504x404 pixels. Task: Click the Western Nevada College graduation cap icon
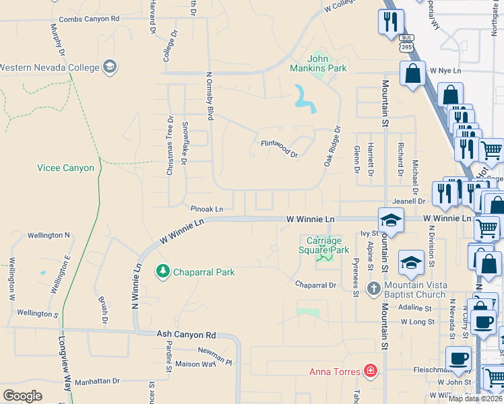click(109, 67)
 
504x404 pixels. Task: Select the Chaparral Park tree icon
click(162, 271)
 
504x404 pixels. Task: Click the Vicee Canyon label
click(65, 168)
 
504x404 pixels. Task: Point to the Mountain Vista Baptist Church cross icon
click(374, 289)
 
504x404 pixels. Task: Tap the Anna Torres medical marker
click(369, 370)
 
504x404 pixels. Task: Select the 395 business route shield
click(406, 44)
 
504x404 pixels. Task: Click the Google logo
click(22, 396)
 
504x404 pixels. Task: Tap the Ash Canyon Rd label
click(186, 334)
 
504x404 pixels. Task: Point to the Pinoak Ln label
click(206, 209)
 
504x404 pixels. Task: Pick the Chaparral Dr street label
click(315, 285)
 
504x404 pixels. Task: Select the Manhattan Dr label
click(97, 381)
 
